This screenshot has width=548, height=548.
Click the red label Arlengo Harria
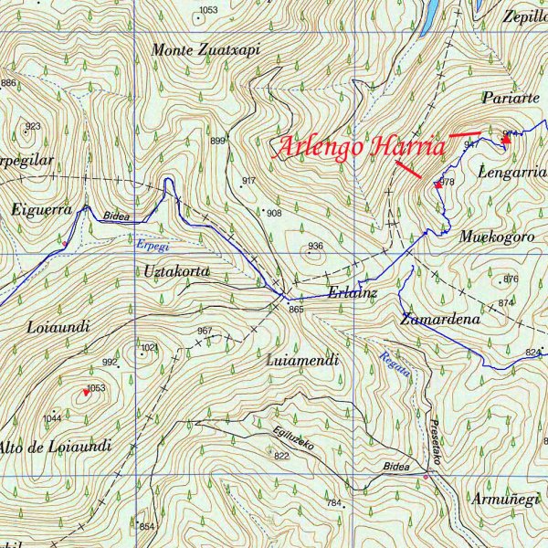[x=361, y=147]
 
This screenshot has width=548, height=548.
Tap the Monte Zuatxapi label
[x=206, y=50]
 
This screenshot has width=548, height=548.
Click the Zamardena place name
[x=439, y=320]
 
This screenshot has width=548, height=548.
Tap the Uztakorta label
[x=177, y=271]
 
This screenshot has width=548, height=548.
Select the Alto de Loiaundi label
[x=55, y=447]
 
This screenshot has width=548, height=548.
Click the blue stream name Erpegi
[x=152, y=245]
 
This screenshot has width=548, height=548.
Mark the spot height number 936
[x=315, y=247]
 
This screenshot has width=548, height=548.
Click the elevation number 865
[x=295, y=311]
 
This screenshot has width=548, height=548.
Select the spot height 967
[x=205, y=331]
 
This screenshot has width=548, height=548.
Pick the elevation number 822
[x=281, y=456]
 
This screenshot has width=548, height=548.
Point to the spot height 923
[x=33, y=127]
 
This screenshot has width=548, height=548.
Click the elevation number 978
[x=447, y=184]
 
